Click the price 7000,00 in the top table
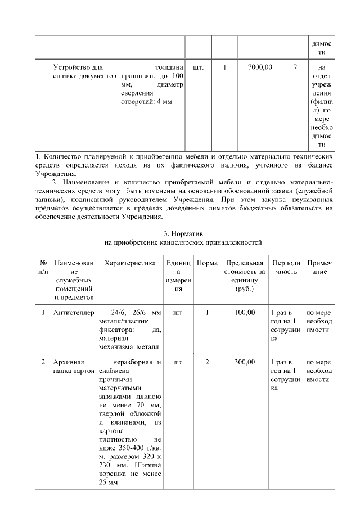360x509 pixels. point(260,67)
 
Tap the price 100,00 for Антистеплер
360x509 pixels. point(245,313)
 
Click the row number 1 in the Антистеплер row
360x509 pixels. point(43,313)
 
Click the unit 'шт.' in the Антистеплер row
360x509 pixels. point(178,313)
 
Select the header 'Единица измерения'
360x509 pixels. point(178,276)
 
